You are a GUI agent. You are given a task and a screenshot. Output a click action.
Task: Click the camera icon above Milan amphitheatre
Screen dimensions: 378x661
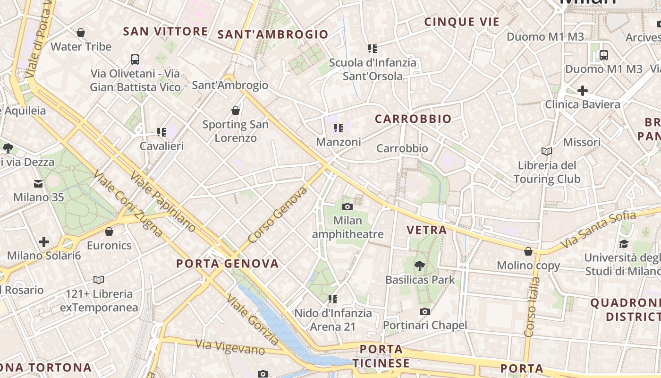click(x=347, y=206)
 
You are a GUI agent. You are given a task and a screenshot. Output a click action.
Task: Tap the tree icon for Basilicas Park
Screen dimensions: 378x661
click(x=419, y=266)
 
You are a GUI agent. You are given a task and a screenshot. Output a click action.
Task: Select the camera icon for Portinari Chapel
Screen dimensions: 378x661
click(x=425, y=311)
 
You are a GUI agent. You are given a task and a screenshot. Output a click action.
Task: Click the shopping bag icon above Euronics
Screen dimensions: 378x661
click(x=109, y=232)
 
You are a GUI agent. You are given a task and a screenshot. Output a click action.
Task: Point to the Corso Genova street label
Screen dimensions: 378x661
click(x=277, y=215)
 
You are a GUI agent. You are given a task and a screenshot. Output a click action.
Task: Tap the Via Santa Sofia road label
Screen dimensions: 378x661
click(x=598, y=231)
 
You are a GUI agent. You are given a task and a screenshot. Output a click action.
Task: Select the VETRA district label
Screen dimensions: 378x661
click(x=427, y=230)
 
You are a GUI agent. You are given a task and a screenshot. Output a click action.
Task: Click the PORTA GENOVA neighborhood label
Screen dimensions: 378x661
click(x=228, y=264)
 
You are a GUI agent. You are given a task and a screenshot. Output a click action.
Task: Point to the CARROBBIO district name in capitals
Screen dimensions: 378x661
click(x=413, y=119)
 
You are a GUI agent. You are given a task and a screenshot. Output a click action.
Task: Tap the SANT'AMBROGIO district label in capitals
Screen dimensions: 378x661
click(x=272, y=34)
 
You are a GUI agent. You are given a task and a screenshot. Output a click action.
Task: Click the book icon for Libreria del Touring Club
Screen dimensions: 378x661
click(x=547, y=152)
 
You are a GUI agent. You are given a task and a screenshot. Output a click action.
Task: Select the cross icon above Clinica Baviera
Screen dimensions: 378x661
click(x=583, y=91)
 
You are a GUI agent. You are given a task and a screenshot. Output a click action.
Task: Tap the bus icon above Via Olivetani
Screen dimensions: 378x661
click(x=135, y=60)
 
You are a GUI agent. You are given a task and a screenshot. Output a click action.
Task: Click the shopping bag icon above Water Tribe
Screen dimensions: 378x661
click(x=81, y=33)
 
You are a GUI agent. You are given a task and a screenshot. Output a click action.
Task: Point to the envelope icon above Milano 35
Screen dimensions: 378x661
click(x=38, y=183)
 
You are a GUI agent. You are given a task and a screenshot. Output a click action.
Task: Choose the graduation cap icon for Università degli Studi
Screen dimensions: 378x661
click(x=624, y=244)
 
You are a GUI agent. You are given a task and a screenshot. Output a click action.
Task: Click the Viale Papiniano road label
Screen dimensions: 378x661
click(x=163, y=202)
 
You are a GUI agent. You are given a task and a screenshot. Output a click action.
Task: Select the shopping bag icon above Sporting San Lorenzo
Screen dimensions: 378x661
click(x=235, y=111)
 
